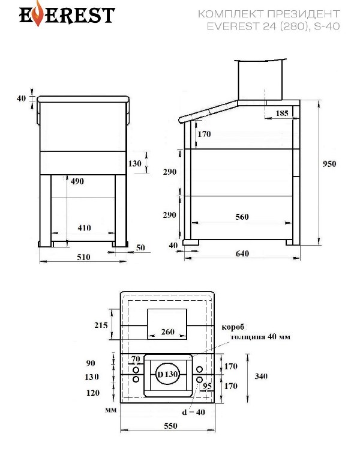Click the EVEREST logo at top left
(58, 14)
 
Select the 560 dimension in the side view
(241, 217)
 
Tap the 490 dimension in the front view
(77, 180)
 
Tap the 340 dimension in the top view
(261, 377)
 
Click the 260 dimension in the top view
(167, 331)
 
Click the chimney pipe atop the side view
(259, 80)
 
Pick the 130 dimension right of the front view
(135, 163)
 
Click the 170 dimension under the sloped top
(204, 134)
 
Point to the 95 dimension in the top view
(208, 386)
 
